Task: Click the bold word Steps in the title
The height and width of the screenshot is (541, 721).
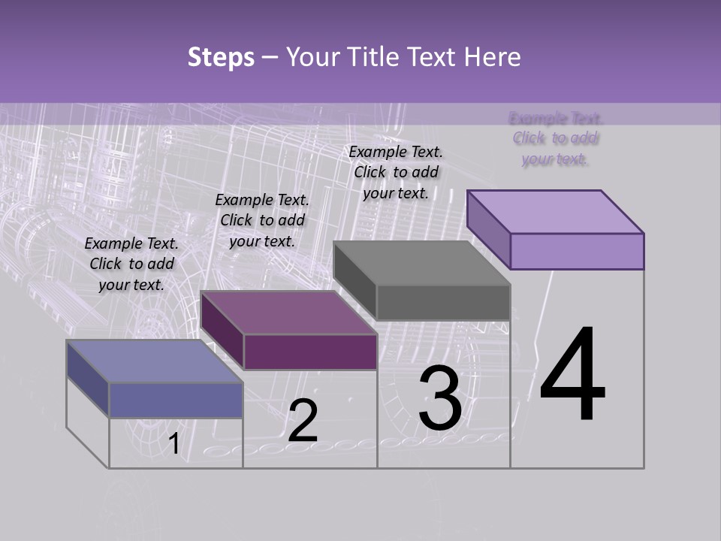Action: click(221, 57)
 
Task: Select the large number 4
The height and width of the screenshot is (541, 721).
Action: click(572, 375)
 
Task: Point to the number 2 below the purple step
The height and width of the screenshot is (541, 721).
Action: click(303, 421)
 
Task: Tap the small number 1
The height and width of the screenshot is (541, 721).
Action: click(173, 443)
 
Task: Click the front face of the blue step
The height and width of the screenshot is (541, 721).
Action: click(176, 400)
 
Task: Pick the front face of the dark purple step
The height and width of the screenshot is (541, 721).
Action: click(310, 352)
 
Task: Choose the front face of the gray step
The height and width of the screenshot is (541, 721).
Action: click(443, 302)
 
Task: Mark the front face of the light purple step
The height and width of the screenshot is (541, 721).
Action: click(577, 251)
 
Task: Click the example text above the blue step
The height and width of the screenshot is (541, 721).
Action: click(131, 264)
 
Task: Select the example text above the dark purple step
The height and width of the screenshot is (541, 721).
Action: click(262, 220)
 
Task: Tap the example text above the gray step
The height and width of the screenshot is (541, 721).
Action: click(396, 172)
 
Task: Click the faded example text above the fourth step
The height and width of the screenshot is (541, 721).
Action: click(556, 138)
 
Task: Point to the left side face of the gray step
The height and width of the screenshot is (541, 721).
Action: click(354, 280)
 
